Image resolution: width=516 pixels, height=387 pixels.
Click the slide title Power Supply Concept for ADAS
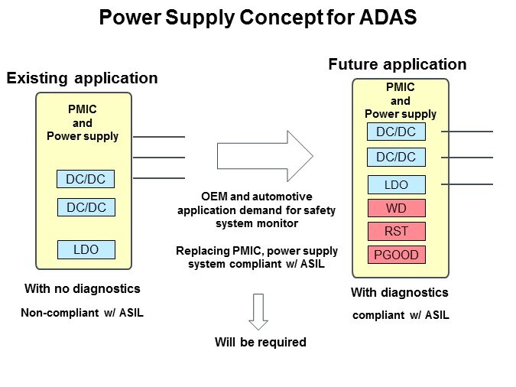pyautogui.click(x=258, y=18)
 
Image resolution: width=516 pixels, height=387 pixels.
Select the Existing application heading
pyautogui.click(x=82, y=78)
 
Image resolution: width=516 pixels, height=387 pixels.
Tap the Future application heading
pyautogui.click(x=397, y=64)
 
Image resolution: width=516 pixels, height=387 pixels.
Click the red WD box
pyautogui.click(x=396, y=208)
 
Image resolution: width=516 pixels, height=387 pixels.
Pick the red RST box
pyautogui.click(x=396, y=232)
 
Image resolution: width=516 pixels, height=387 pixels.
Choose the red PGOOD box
pyautogui.click(x=396, y=255)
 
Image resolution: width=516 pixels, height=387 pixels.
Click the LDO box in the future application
pyautogui.click(x=396, y=184)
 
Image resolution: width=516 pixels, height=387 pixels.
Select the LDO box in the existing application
pyautogui.click(x=85, y=249)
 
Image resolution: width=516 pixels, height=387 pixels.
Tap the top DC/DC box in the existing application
pyautogui.click(x=85, y=180)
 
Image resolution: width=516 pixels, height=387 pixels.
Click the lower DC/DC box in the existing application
pyautogui.click(x=85, y=207)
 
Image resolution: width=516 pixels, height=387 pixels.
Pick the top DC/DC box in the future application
pyautogui.click(x=396, y=132)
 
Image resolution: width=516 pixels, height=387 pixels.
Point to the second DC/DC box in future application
pyautogui.click(x=396, y=157)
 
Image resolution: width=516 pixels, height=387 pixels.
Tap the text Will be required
pyautogui.click(x=260, y=342)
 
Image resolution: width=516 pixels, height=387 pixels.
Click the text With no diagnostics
pyautogui.click(x=83, y=289)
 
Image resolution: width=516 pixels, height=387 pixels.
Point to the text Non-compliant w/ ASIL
pyautogui.click(x=82, y=312)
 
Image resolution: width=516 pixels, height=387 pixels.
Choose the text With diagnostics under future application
pyautogui.click(x=399, y=292)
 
